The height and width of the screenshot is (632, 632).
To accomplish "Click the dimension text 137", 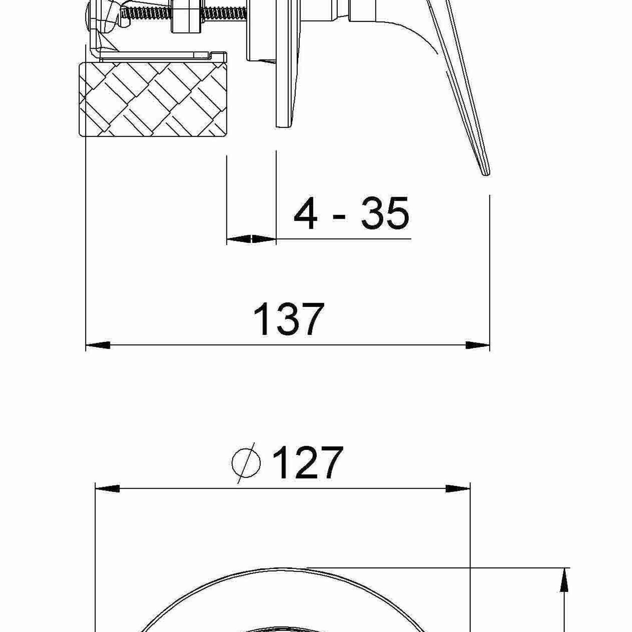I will click(288, 320).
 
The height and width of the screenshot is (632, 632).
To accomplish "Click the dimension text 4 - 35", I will click(351, 214).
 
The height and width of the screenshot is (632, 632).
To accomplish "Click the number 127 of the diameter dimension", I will click(307, 463).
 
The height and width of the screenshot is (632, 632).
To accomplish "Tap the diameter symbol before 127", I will click(246, 463).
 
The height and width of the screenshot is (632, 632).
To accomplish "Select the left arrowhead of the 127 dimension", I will click(107, 489).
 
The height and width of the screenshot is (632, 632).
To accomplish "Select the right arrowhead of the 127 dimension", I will click(458, 489).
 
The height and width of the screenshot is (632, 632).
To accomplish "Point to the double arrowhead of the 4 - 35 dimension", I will click(252, 239).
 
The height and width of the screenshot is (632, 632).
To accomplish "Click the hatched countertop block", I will click(153, 99).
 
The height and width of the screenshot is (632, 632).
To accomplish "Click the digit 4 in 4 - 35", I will click(305, 214).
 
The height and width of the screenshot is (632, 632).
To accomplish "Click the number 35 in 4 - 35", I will click(385, 214).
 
